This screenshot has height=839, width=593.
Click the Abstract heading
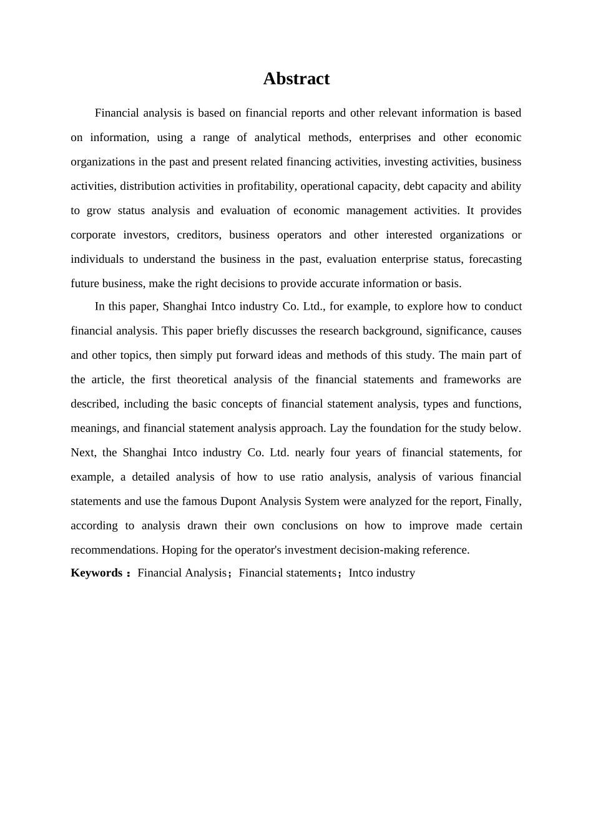pos(296,79)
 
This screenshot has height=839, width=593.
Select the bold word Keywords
pos(96,573)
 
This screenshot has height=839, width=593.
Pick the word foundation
pos(396,428)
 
